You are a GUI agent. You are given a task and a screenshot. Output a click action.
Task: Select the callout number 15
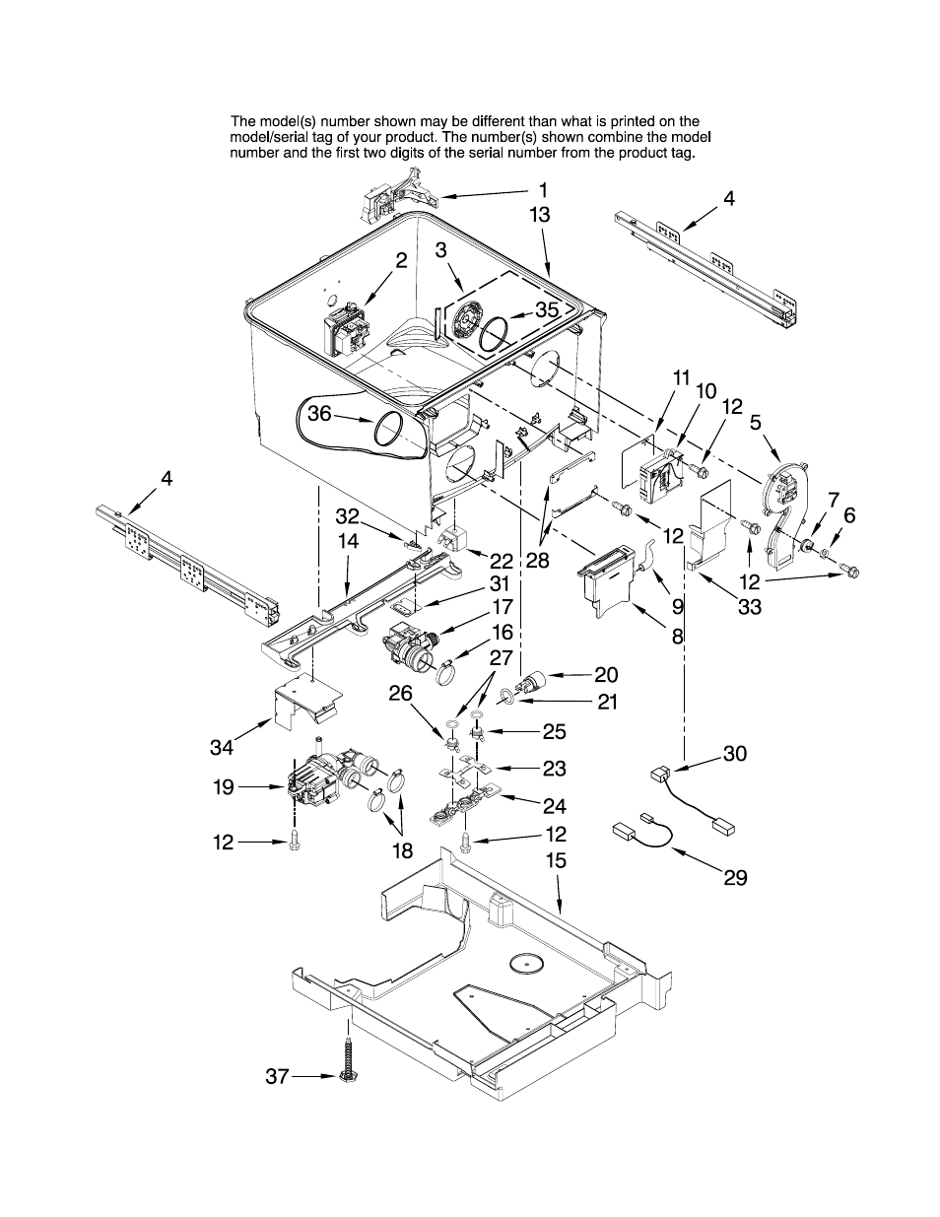[x=556, y=861]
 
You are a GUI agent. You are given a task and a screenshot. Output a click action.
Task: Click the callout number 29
[x=735, y=878]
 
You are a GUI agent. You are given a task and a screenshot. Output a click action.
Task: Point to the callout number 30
[x=735, y=754]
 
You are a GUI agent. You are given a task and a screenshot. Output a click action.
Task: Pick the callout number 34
[x=223, y=747]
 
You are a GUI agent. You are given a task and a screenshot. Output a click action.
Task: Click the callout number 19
[x=224, y=787]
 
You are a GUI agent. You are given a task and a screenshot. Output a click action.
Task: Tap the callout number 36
[x=319, y=413]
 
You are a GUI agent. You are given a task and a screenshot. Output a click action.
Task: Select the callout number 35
[x=547, y=309]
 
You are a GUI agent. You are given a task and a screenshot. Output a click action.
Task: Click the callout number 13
[x=540, y=215]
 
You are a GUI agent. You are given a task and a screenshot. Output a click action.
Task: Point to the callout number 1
[x=543, y=191]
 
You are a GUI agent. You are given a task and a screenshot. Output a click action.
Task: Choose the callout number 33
[x=750, y=607]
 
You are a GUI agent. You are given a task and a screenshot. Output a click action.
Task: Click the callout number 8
[x=677, y=637]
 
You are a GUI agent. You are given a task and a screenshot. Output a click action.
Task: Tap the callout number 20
[x=606, y=675]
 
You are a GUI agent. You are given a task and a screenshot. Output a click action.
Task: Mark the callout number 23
[x=555, y=769]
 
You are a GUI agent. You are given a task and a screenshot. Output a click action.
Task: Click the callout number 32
[x=347, y=515]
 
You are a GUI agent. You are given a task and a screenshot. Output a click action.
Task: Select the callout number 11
[x=681, y=378]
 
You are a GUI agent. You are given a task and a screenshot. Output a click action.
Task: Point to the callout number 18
[x=403, y=851]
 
